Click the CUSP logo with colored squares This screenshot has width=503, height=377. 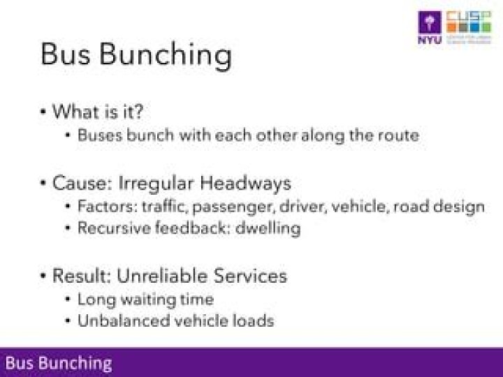pyautogui.click(x=468, y=27)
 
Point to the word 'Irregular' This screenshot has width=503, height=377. pyautogui.click(x=150, y=184)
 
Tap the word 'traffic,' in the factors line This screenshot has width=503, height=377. pyautogui.click(x=163, y=207)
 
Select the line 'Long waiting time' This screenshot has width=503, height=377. pyautogui.click(x=145, y=300)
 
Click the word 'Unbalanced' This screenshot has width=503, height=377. pyautogui.click(x=118, y=321)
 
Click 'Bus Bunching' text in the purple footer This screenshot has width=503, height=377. pyautogui.click(x=59, y=363)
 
